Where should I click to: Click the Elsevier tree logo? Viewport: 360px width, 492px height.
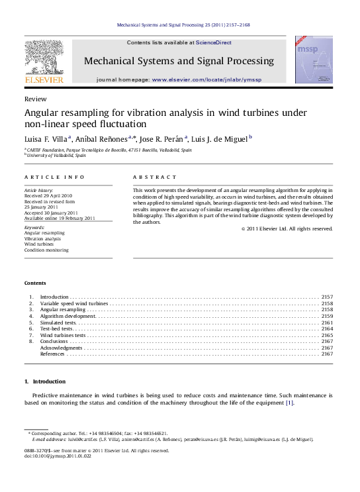pos(44,58)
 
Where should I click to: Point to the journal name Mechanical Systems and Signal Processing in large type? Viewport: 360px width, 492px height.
pos(179,61)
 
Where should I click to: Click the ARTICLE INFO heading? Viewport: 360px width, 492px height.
pos(54,177)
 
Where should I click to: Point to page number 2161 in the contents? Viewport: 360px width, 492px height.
pos(326,322)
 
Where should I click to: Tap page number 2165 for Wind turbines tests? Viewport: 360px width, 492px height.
pos(326,335)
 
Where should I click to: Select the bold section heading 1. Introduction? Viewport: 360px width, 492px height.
pos(45,382)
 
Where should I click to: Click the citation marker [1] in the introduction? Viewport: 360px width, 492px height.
pos(289,402)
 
